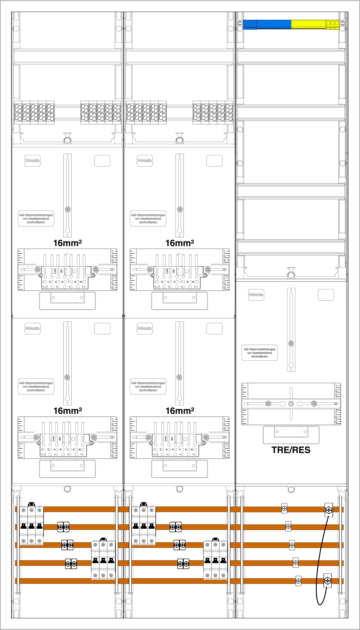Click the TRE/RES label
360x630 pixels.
coord(291,450)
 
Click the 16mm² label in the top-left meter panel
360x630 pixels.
coord(67,243)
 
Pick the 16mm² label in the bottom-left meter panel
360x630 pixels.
coord(67,411)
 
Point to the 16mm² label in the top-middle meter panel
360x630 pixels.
coord(180,243)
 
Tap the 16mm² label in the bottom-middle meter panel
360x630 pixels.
coord(180,411)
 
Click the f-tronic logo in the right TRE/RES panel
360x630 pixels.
coord(256,295)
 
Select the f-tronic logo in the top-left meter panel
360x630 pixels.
coord(32,161)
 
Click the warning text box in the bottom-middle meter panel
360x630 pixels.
coord(148,387)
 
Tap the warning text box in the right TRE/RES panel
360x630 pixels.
coord(259,353)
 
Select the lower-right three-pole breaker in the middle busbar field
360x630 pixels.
coord(215,560)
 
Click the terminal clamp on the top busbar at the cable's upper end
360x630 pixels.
coord(329,510)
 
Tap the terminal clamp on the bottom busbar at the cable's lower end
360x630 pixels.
coord(328,581)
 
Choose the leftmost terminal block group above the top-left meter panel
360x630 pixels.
coord(34,112)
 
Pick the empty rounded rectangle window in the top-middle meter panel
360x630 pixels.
coord(214,161)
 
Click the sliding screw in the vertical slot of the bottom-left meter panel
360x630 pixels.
coord(67,377)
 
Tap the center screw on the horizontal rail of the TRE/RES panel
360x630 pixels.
coord(291,404)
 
